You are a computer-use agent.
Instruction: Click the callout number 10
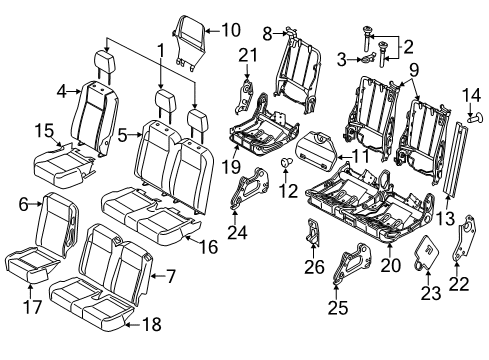(x=230, y=29)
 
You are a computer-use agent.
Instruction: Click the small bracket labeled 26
(x=310, y=237)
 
